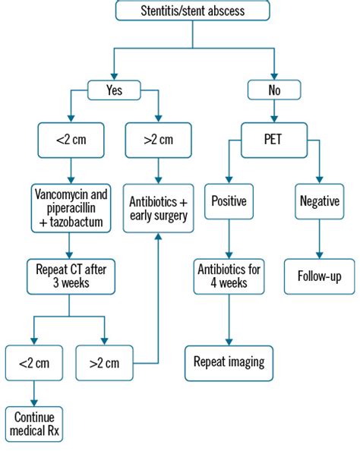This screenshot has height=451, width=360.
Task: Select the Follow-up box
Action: pyautogui.click(x=319, y=276)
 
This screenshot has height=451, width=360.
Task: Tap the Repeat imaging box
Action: pyautogui.click(x=228, y=362)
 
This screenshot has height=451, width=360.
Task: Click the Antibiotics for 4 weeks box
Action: pyautogui.click(x=228, y=276)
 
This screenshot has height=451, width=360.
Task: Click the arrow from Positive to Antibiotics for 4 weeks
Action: pyautogui.click(x=228, y=241)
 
